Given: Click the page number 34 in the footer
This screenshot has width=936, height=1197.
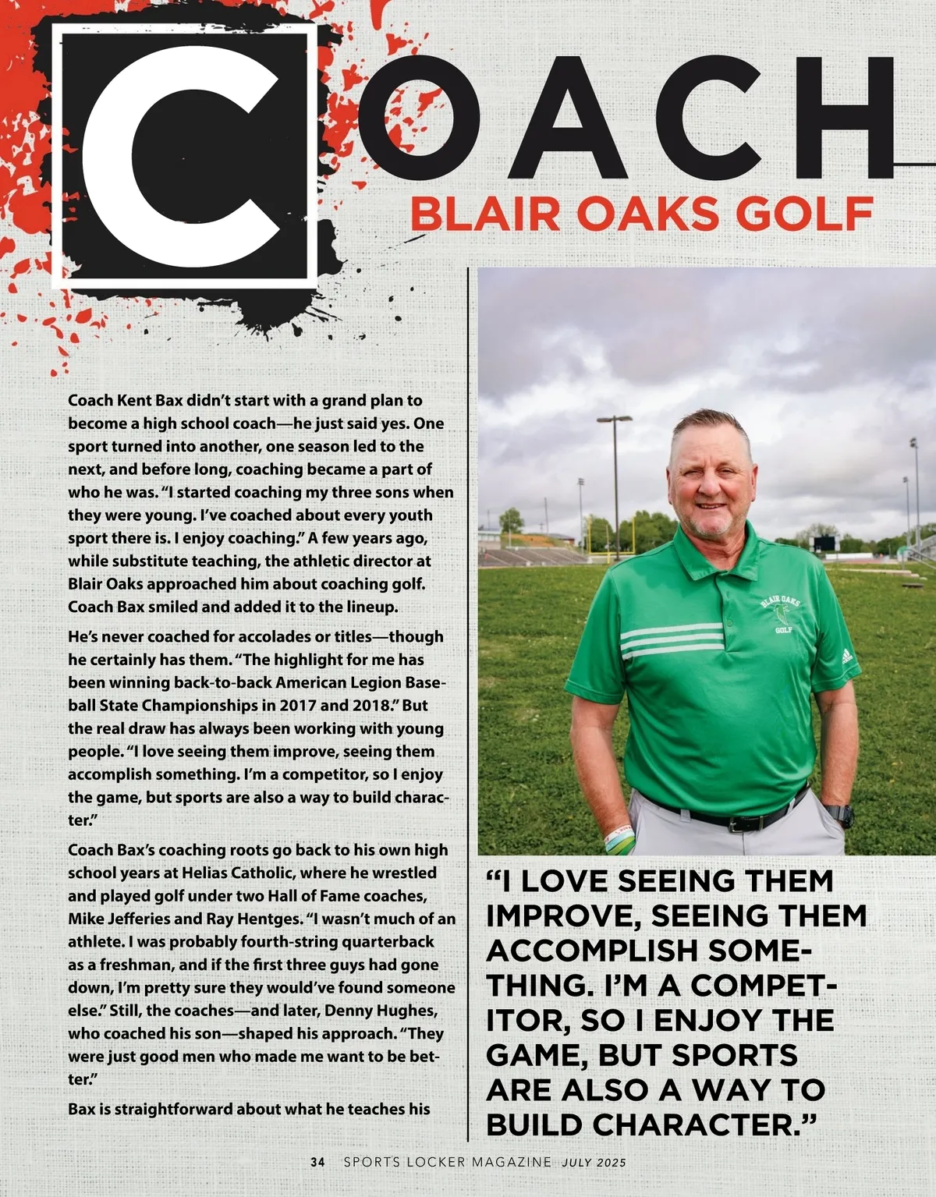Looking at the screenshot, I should pyautogui.click(x=317, y=1162).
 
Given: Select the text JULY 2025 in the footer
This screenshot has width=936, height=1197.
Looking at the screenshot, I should pyautogui.click(x=594, y=1162).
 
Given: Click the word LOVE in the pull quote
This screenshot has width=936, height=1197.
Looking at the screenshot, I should pyautogui.click(x=567, y=881).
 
